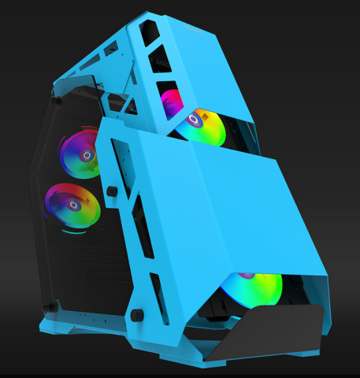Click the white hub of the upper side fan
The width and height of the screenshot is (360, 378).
coord(82,153)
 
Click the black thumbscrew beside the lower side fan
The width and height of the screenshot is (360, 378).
coord(113,191)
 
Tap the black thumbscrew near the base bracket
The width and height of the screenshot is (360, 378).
coord(138,315)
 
